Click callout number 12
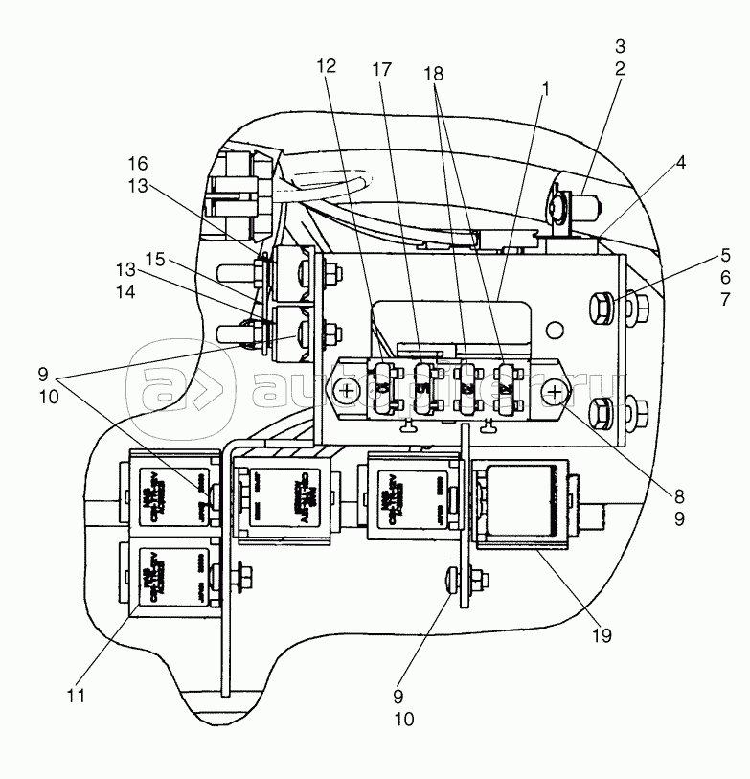pyautogui.click(x=327, y=67)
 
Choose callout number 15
pyautogui.click(x=154, y=259)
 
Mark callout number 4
pyautogui.click(x=680, y=163)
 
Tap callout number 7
pyautogui.click(x=725, y=299)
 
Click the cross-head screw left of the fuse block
pyautogui.click(x=346, y=390)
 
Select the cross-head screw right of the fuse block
pyautogui.click(x=555, y=390)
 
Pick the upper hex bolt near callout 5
pyautogui.click(x=601, y=309)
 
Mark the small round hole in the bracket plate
pyautogui.click(x=553, y=329)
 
